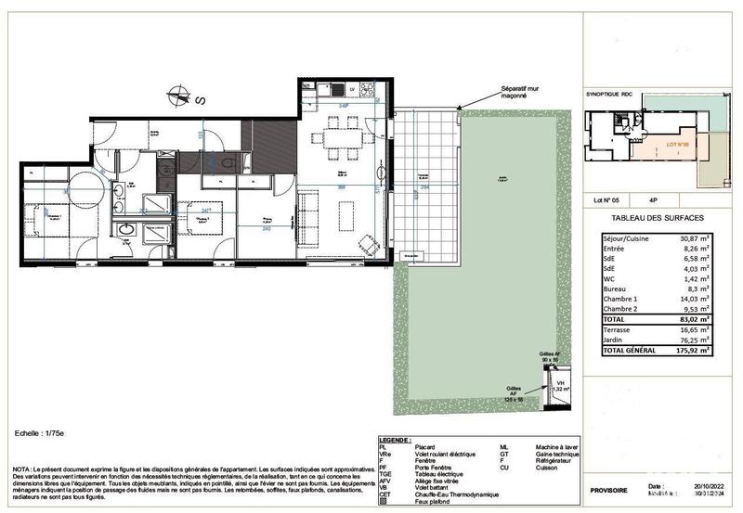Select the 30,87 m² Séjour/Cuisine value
click(692, 238)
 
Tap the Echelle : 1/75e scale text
click(41, 433)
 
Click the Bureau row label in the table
click(616, 289)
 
